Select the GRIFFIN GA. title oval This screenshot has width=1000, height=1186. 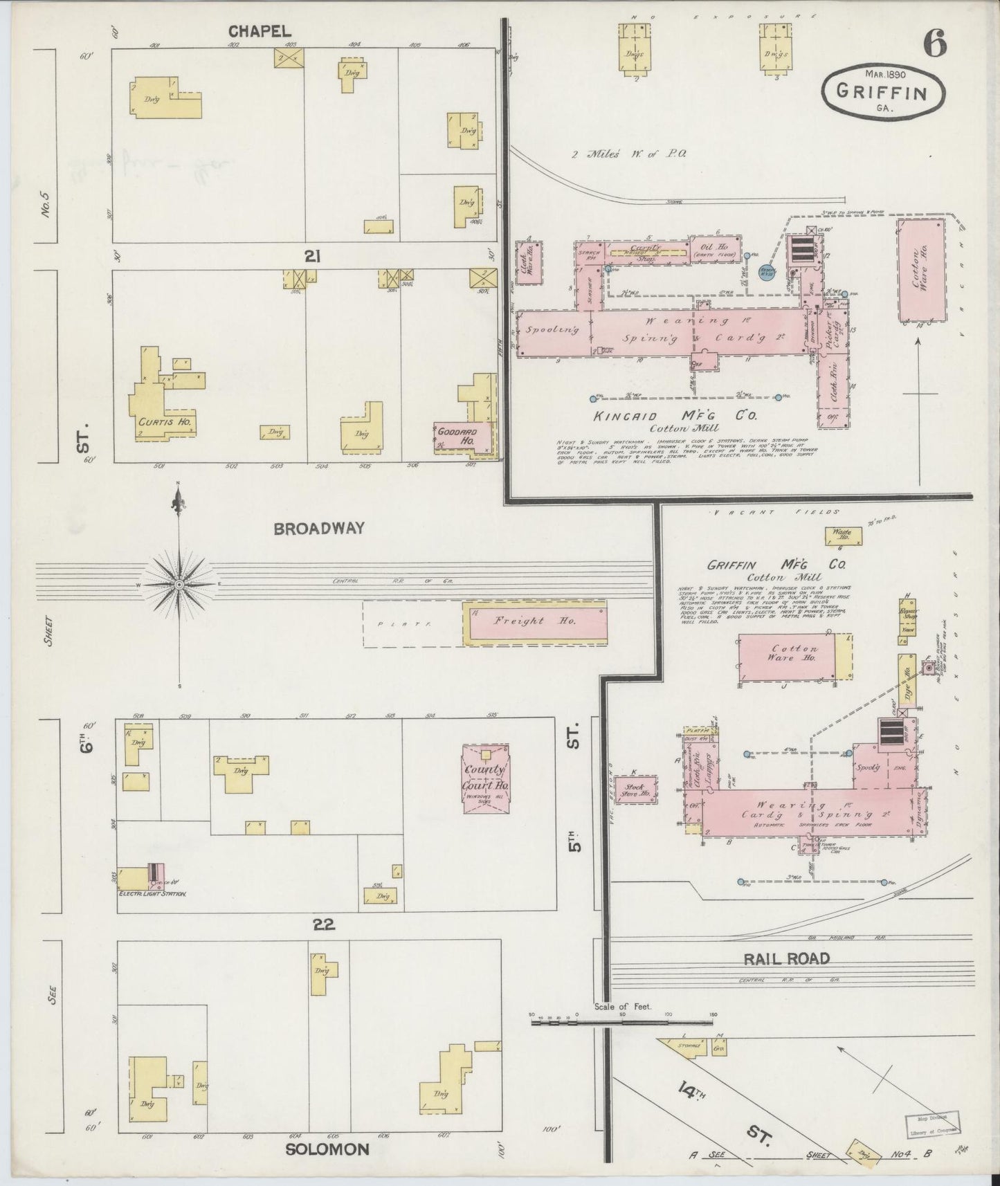883,92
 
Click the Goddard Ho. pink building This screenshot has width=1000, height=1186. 461,437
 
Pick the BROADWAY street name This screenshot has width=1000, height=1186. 319,529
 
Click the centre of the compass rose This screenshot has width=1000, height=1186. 179,585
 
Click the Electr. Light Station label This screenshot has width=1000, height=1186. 153,893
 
